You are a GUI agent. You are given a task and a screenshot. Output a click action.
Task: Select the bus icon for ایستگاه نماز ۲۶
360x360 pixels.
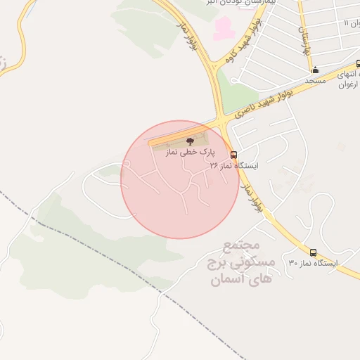click(x=233, y=155)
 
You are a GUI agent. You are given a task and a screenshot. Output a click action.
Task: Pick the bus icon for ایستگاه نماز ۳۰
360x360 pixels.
click(x=313, y=252)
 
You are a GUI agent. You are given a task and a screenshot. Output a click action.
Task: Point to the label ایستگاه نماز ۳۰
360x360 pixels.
click(x=313, y=263)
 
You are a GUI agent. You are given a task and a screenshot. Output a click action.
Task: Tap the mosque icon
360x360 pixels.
click(x=315, y=70)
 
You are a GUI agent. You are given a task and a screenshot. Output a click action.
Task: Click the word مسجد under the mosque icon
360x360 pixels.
click(x=315, y=81)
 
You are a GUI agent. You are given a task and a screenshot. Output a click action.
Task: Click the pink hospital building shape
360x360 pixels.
click(x=222, y=29)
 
